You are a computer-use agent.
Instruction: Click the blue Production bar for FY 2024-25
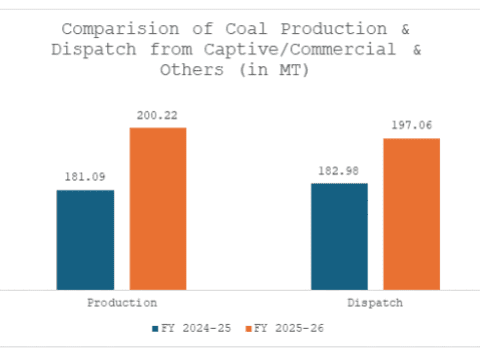[x=85, y=239]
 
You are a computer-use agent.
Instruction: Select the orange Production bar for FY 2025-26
[x=157, y=208]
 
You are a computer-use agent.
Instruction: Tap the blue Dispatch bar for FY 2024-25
[x=339, y=236]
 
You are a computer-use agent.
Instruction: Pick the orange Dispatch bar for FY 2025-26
[x=411, y=213]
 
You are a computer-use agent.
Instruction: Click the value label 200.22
[x=158, y=116]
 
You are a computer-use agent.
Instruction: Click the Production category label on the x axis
[x=121, y=301]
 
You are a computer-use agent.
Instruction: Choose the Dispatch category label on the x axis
[x=375, y=301]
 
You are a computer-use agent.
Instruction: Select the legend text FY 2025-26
[x=290, y=327]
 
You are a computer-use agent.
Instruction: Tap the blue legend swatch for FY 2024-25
[x=156, y=327]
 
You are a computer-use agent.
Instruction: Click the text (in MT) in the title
[x=270, y=70]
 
